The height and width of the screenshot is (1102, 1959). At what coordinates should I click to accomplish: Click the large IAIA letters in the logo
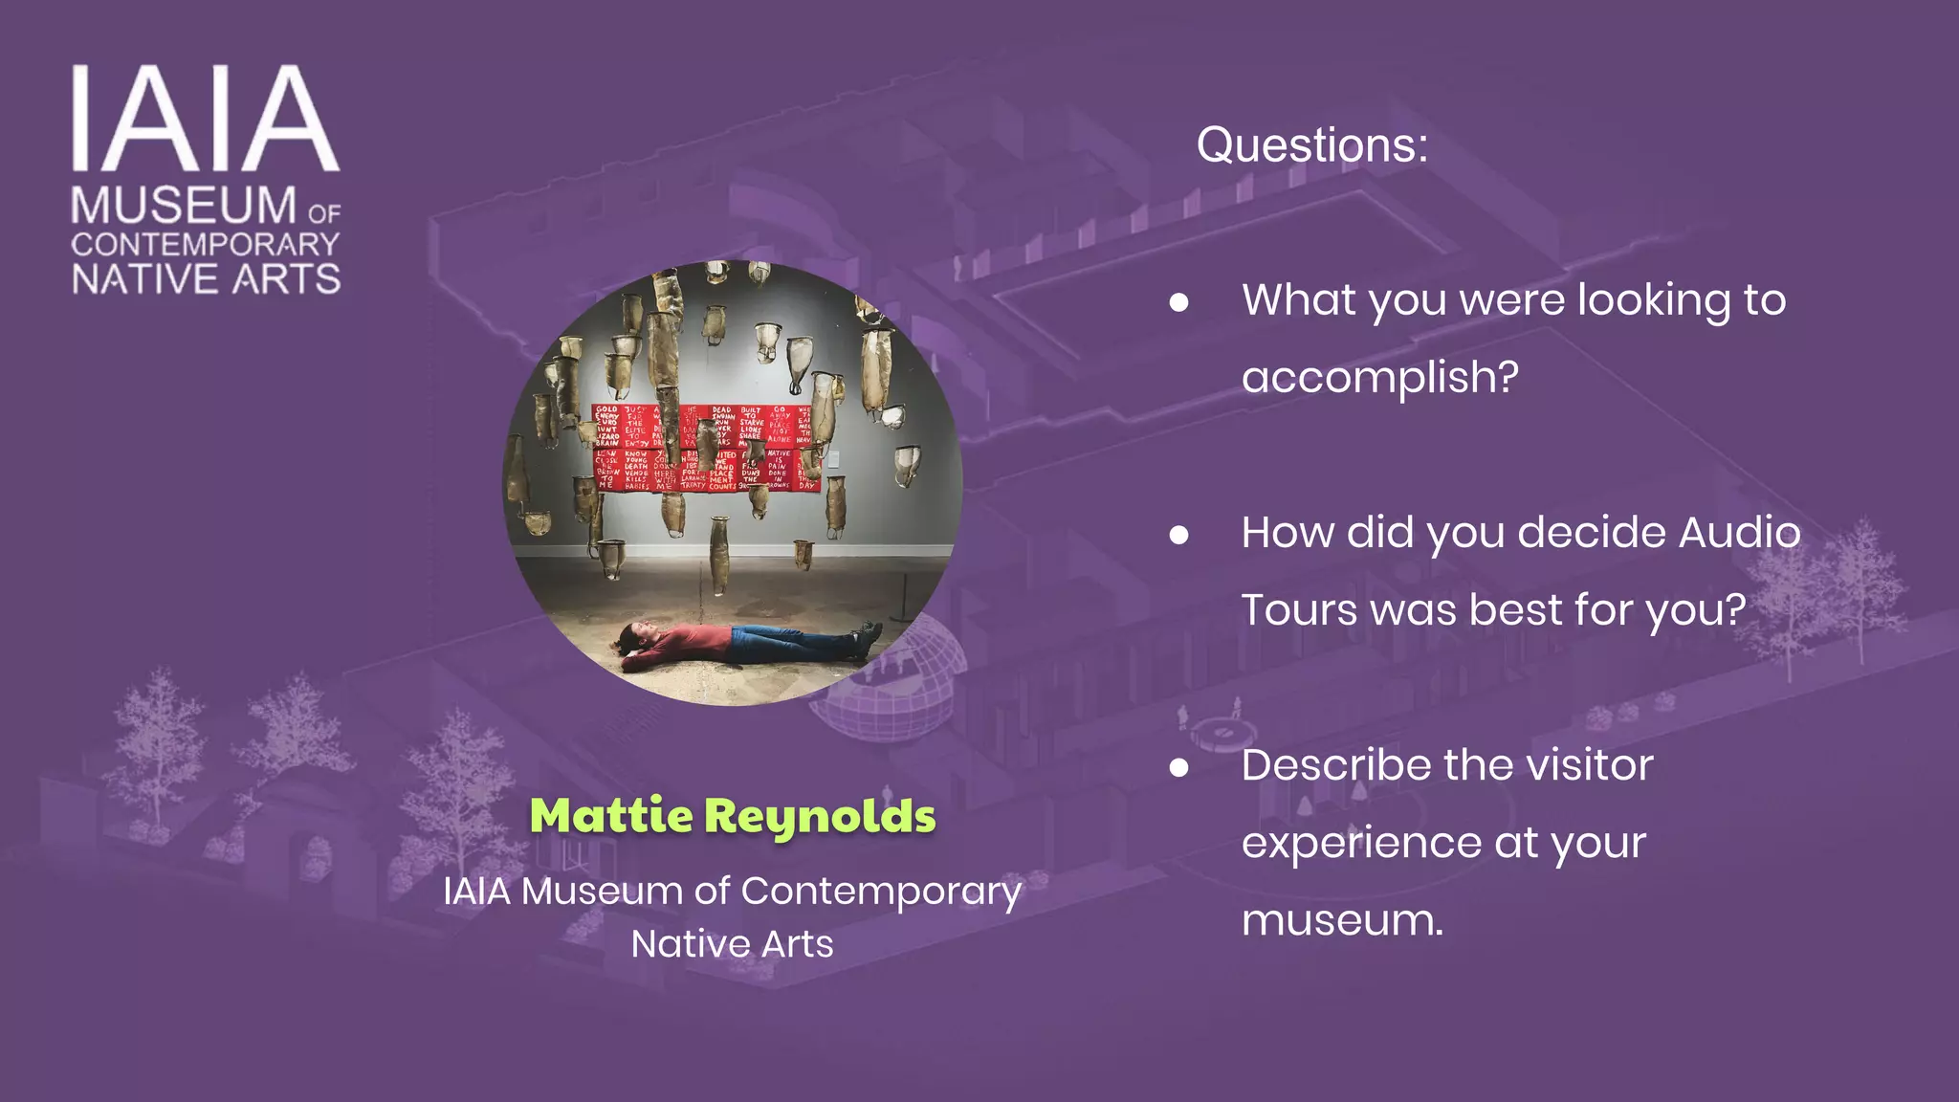[x=206, y=119]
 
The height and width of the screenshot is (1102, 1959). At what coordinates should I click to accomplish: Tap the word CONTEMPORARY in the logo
[x=206, y=245]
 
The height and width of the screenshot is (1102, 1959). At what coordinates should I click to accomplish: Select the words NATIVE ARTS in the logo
[x=206, y=279]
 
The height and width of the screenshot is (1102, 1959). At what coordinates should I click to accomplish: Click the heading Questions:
[x=1311, y=145]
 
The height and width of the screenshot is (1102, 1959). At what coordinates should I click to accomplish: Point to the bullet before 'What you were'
[x=1179, y=302]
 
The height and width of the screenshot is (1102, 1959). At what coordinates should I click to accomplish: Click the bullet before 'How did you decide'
[x=1179, y=535]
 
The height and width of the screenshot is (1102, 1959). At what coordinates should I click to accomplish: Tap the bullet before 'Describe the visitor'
[x=1179, y=767]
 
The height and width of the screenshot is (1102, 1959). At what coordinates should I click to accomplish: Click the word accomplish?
[x=1379, y=377]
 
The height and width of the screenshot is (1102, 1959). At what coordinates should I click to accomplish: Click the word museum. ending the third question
[x=1342, y=920]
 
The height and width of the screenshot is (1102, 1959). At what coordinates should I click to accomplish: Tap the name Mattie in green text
[x=611, y=815]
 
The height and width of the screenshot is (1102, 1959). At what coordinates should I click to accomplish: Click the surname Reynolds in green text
[x=820, y=817]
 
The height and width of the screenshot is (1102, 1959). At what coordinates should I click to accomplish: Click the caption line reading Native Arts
[x=733, y=944]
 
